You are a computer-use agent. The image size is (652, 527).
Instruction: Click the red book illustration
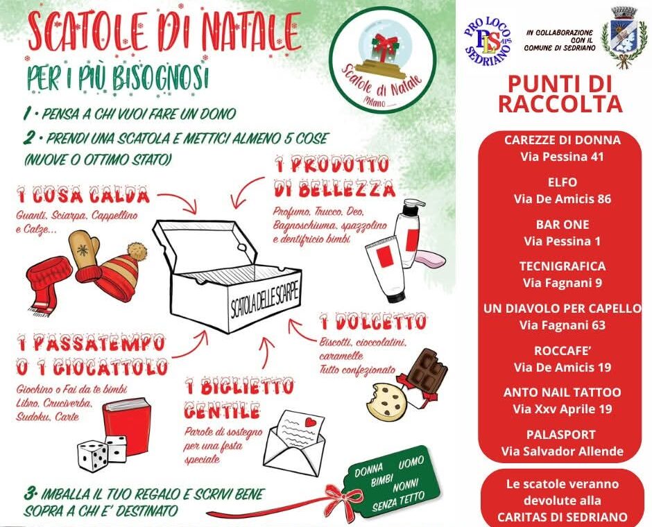coord(127,426)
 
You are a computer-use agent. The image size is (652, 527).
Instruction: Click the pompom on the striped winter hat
coord(137,251)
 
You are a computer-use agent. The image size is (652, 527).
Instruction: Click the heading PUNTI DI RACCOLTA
coord(560,94)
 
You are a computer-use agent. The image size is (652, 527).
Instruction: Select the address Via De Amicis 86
coord(562,200)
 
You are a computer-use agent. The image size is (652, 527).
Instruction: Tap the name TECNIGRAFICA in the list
coord(562,266)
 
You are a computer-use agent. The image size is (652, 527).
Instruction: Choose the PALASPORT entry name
coord(562,435)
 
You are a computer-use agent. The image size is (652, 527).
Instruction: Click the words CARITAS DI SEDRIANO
coord(562,517)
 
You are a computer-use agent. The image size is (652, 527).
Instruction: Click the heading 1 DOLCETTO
coord(372,322)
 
